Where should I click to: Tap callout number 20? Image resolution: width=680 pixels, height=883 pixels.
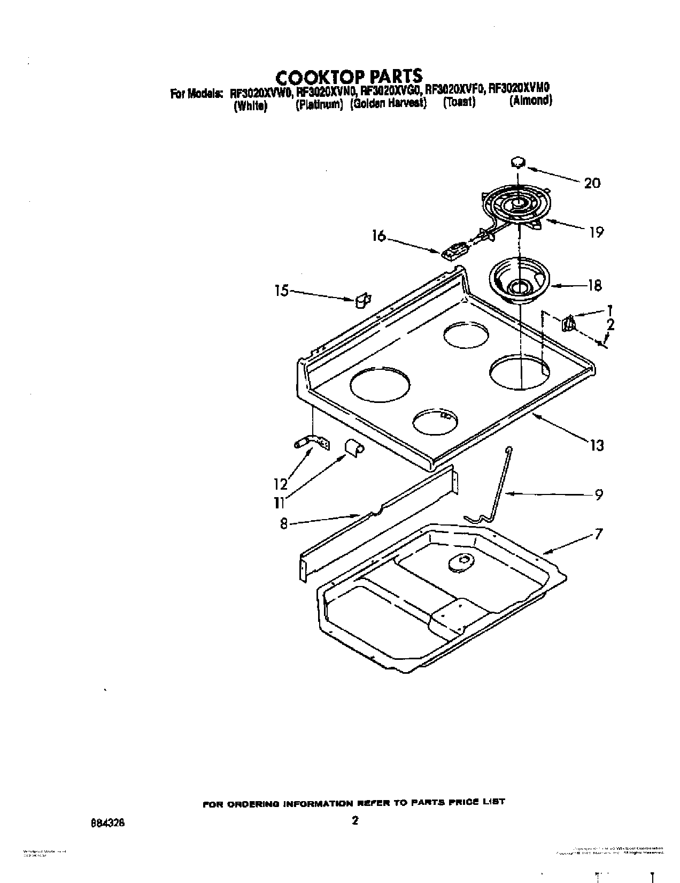[x=592, y=183]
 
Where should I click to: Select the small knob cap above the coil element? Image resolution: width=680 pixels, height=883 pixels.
[x=517, y=161]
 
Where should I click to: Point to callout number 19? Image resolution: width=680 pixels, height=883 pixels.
[x=596, y=232]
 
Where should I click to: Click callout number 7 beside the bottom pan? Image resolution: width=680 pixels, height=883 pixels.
[x=599, y=534]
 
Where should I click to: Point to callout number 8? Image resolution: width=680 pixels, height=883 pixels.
[x=284, y=524]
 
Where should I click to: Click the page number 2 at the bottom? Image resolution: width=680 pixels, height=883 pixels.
[x=354, y=821]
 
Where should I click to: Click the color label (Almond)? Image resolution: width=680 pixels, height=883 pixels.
[x=530, y=101]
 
